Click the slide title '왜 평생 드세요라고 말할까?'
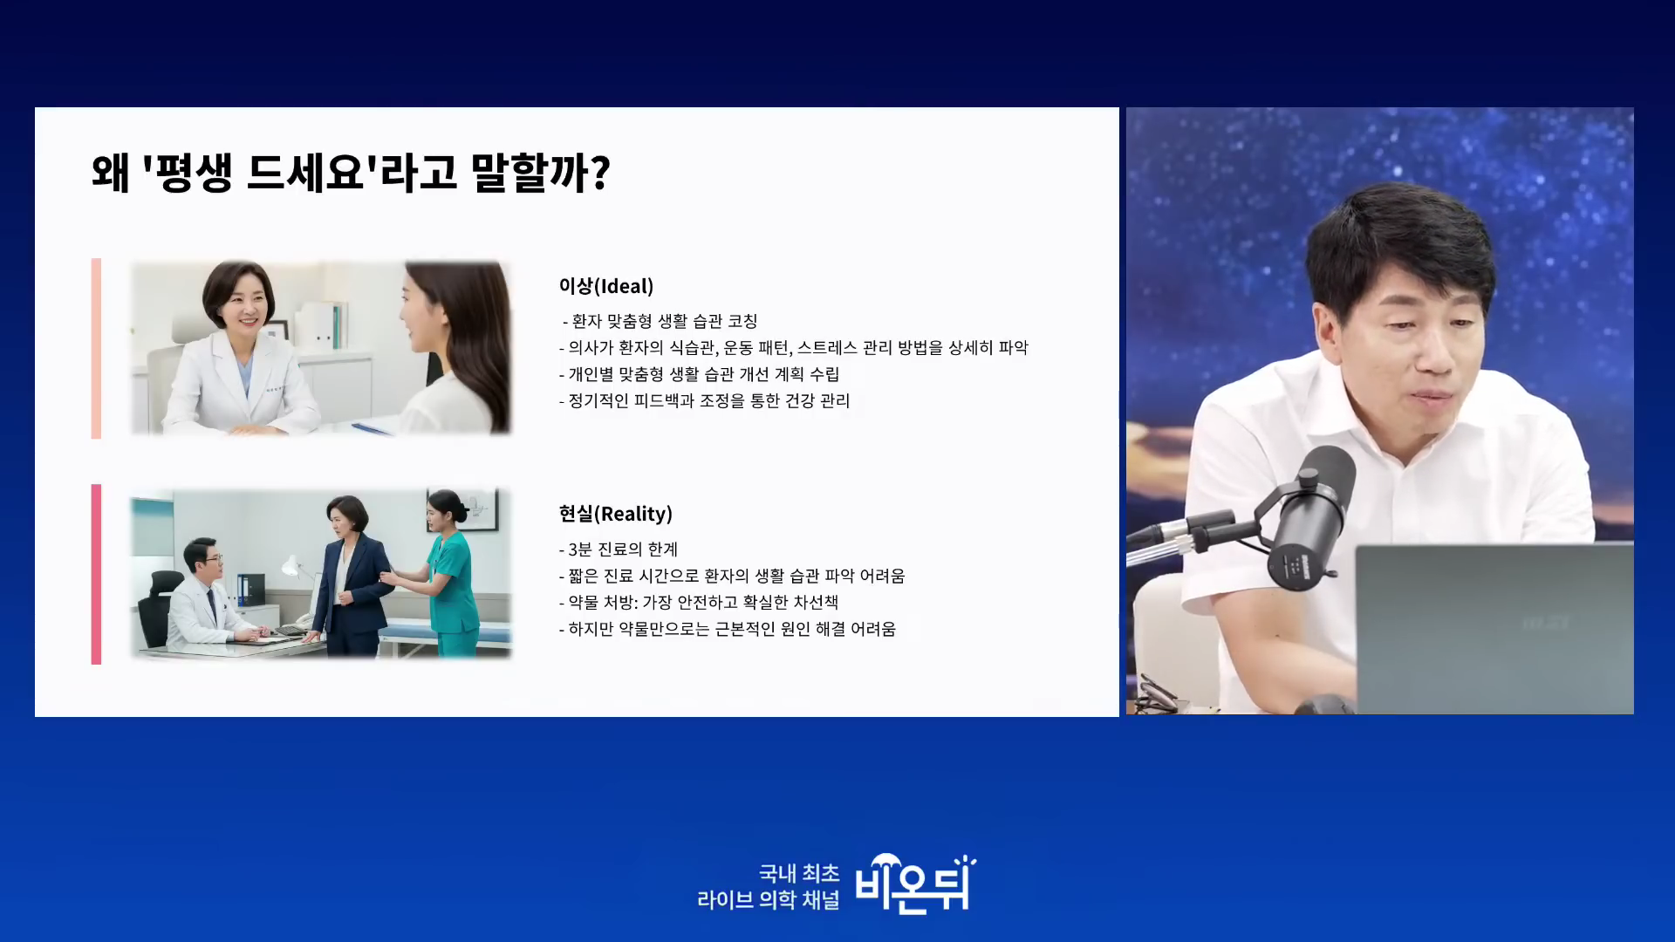click(x=351, y=172)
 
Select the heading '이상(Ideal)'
click(x=606, y=286)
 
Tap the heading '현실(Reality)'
click(x=616, y=514)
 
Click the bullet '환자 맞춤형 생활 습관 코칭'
click(x=660, y=321)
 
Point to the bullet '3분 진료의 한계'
click(x=619, y=549)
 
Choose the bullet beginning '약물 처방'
click(x=699, y=602)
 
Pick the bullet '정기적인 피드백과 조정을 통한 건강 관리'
click(x=704, y=400)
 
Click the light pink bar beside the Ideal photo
click(x=96, y=348)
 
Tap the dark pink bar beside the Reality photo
click(x=96, y=574)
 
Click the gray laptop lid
click(x=1494, y=628)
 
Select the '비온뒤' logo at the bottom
click(x=914, y=884)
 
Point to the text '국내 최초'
click(x=799, y=872)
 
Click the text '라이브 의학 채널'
click(x=768, y=899)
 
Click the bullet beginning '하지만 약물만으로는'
click(x=728, y=629)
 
